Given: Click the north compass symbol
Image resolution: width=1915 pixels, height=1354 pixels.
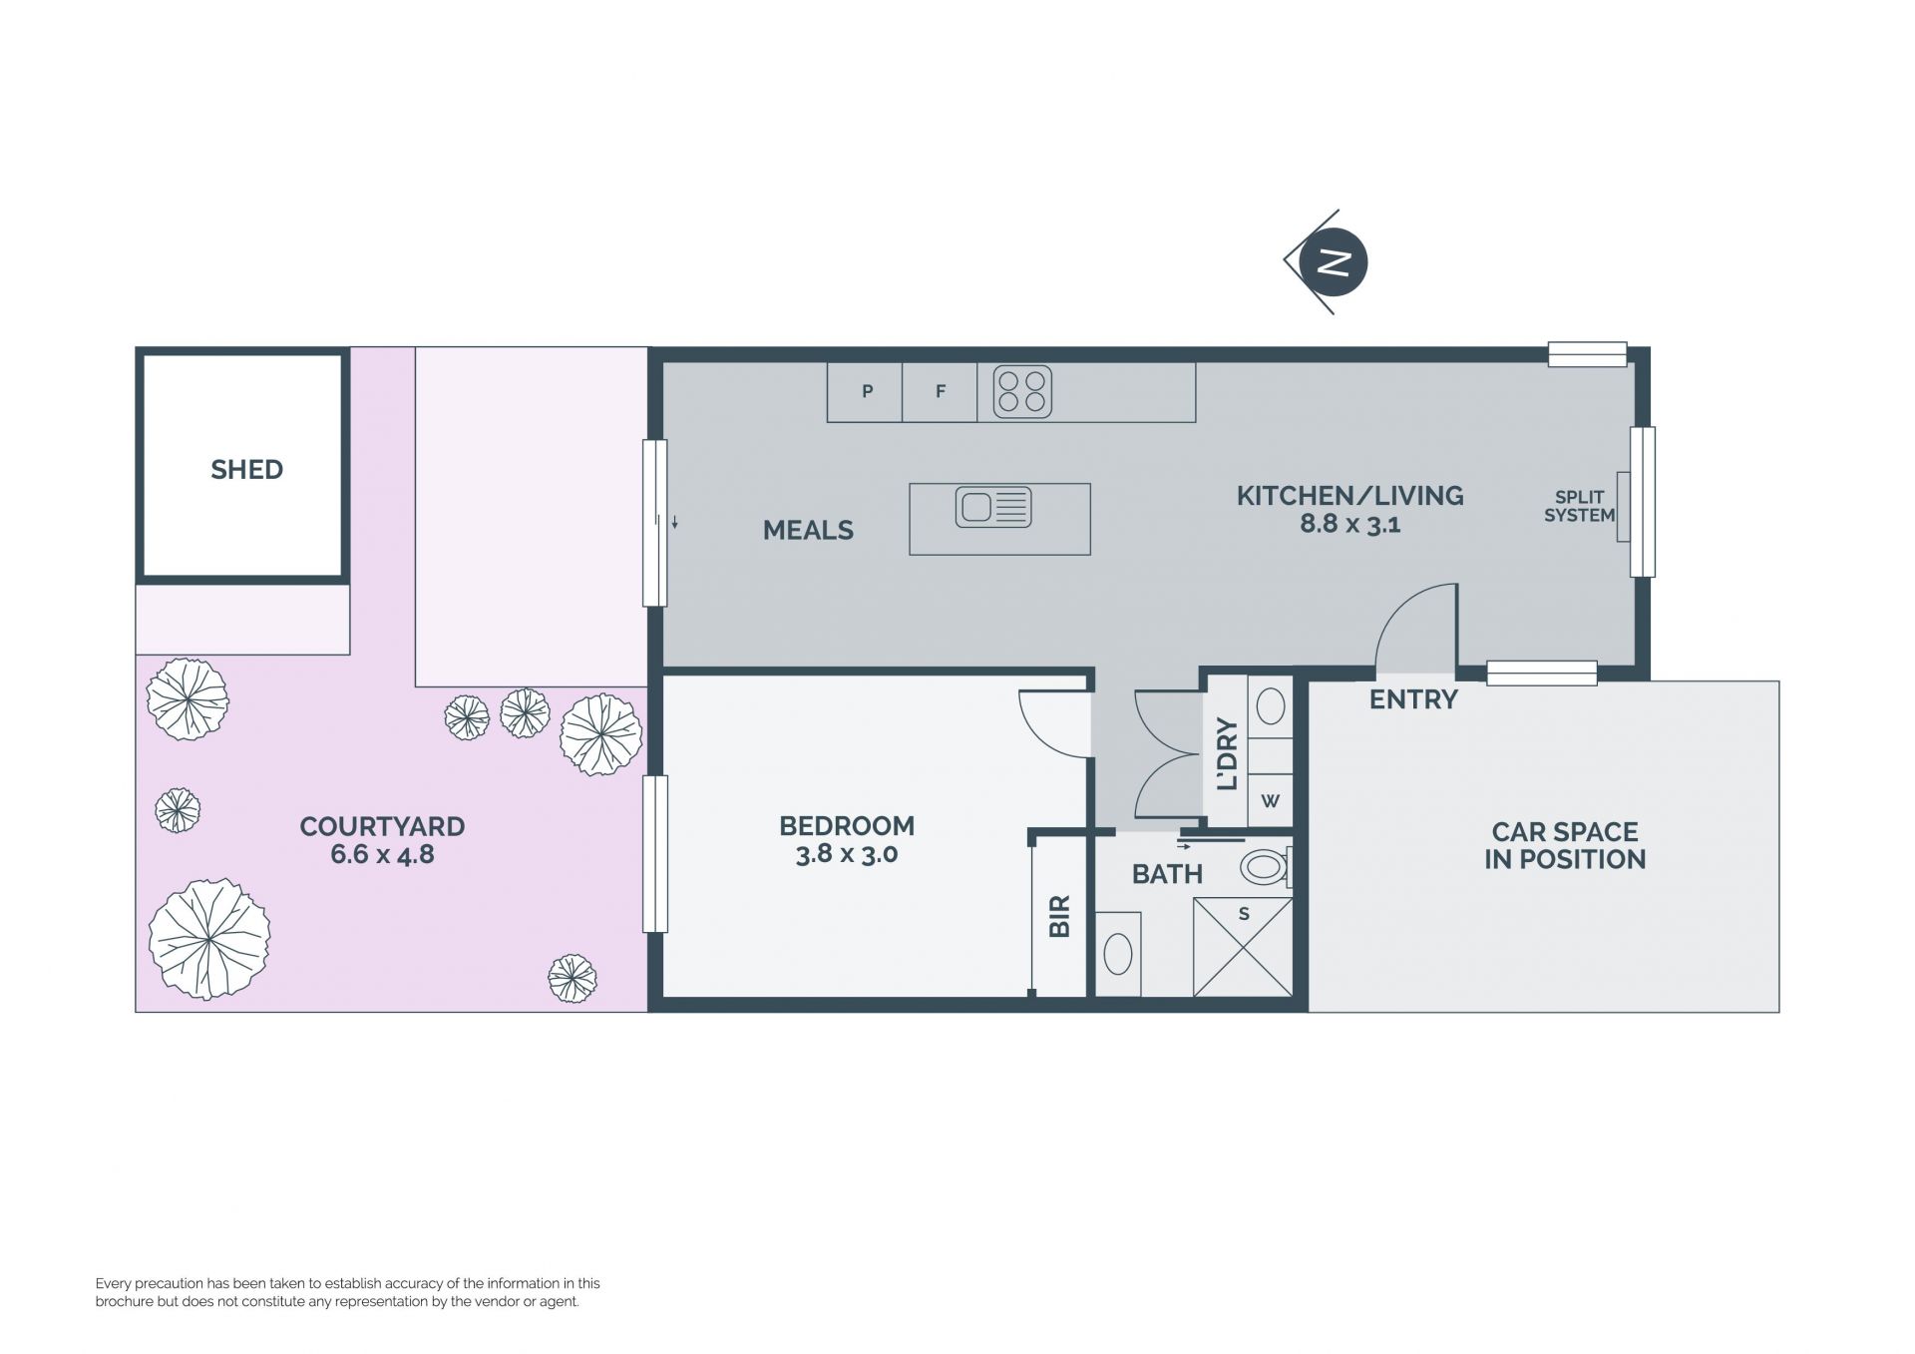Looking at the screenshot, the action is [1328, 262].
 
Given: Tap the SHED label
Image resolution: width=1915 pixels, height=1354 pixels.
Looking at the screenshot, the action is [246, 469].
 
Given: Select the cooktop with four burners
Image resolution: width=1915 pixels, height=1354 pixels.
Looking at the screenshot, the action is [1022, 391].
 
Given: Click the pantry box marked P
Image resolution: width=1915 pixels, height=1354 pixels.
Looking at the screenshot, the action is [865, 392].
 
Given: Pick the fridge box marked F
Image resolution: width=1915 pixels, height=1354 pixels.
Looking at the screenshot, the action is [940, 392].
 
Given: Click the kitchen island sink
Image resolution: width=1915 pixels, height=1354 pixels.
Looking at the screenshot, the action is [993, 507].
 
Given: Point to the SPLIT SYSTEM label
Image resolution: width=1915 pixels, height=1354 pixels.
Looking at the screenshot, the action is [1579, 506].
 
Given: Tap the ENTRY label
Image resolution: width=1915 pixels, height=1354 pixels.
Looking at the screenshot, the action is [1413, 699].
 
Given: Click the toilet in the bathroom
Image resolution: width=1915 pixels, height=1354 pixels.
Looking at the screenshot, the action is [1267, 866].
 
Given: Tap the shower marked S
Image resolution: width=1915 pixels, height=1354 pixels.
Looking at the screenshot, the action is [1243, 947].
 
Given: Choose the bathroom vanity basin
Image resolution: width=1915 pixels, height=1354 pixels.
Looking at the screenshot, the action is [1118, 954].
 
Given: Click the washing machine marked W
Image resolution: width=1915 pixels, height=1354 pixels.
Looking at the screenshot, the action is [1270, 800].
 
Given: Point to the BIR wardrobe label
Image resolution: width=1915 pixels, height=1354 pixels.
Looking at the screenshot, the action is [1059, 915].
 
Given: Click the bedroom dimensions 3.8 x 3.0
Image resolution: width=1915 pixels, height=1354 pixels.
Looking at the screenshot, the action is [847, 854].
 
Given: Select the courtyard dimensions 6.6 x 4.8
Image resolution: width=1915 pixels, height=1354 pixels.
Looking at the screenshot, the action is [382, 855].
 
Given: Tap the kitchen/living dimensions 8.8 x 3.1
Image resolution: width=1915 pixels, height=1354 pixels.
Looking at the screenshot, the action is [1349, 524].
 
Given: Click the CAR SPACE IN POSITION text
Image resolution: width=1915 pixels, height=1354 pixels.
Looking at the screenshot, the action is [1565, 845].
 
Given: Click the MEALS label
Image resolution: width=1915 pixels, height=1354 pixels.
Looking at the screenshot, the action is [808, 530].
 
